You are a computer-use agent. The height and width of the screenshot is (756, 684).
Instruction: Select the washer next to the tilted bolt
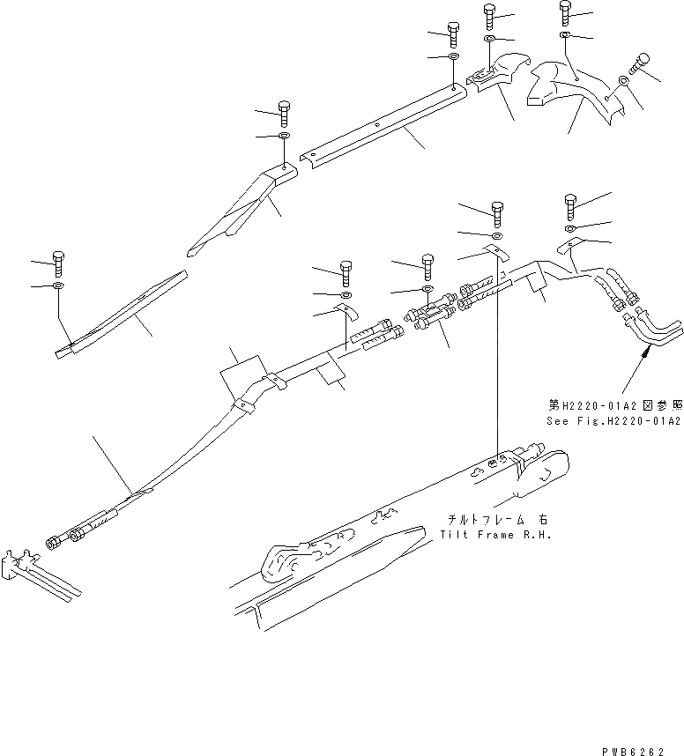[623, 81]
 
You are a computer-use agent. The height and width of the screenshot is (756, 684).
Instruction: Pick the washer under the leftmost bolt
[58, 285]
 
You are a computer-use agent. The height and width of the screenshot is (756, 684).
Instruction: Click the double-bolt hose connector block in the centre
[432, 314]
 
